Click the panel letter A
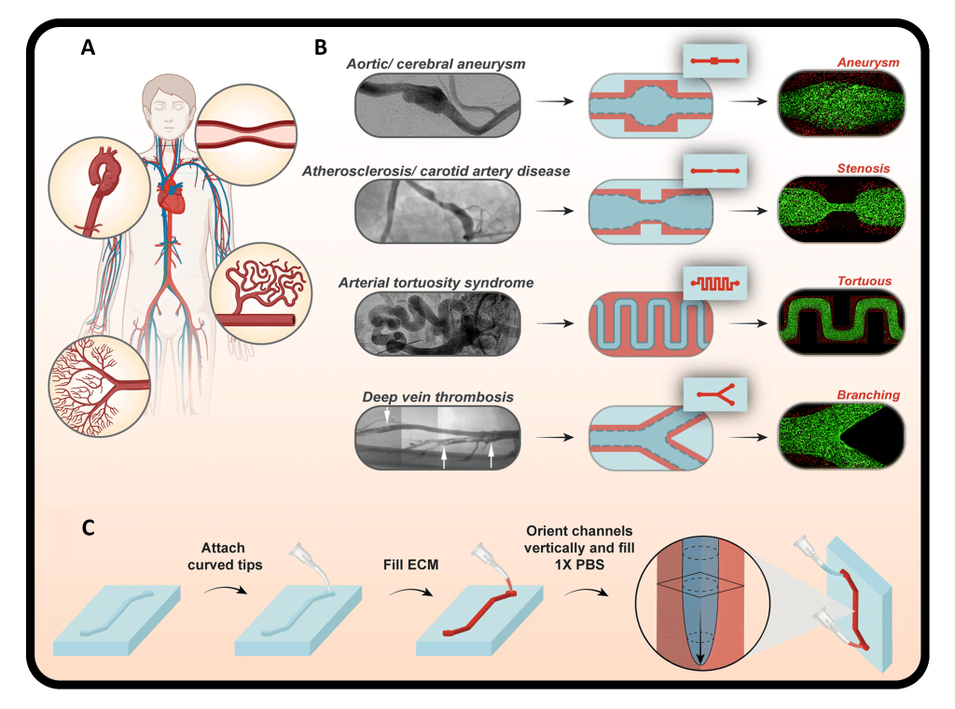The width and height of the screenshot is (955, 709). tap(88, 48)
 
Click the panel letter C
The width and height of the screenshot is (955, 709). tap(88, 527)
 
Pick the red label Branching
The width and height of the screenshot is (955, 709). tap(869, 394)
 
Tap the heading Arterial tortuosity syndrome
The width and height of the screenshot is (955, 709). tap(439, 283)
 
